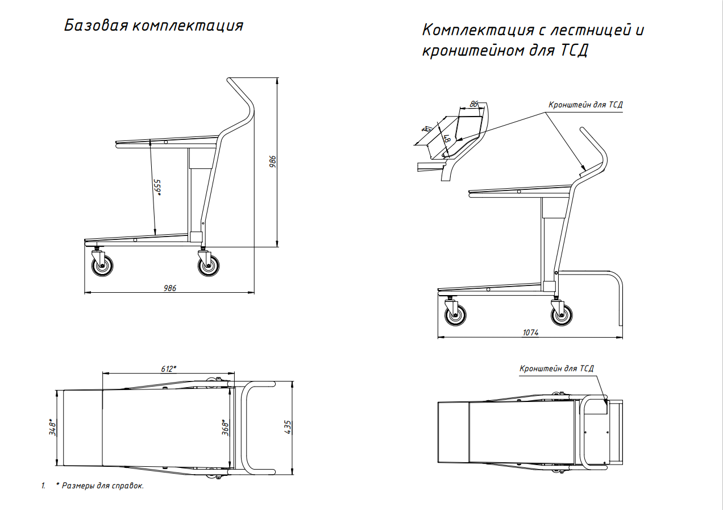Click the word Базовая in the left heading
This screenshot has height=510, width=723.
click(x=96, y=26)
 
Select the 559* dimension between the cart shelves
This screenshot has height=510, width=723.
click(x=157, y=188)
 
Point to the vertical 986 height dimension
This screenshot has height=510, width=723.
click(x=273, y=161)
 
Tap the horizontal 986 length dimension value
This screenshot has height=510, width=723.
click(x=170, y=288)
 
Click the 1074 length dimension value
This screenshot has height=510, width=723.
click(x=531, y=333)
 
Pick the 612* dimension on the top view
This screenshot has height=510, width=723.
click(x=168, y=368)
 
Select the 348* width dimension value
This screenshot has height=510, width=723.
click(x=53, y=427)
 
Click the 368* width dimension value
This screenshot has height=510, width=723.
click(x=225, y=427)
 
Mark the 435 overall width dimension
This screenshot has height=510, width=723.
click(x=288, y=427)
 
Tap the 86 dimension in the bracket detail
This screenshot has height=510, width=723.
click(x=473, y=104)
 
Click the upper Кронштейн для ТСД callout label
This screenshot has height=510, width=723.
click(x=585, y=105)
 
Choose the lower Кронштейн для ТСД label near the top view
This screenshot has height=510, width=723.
click(x=556, y=368)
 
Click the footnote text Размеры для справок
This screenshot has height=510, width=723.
click(x=103, y=486)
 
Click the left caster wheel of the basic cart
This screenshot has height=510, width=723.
click(x=102, y=266)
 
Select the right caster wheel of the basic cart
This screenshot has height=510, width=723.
click(x=209, y=266)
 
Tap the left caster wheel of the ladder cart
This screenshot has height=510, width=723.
click(x=455, y=315)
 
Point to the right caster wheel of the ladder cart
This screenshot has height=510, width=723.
click(x=562, y=315)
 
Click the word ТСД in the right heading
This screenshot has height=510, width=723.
click(x=574, y=50)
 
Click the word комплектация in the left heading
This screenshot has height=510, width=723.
click(x=188, y=26)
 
